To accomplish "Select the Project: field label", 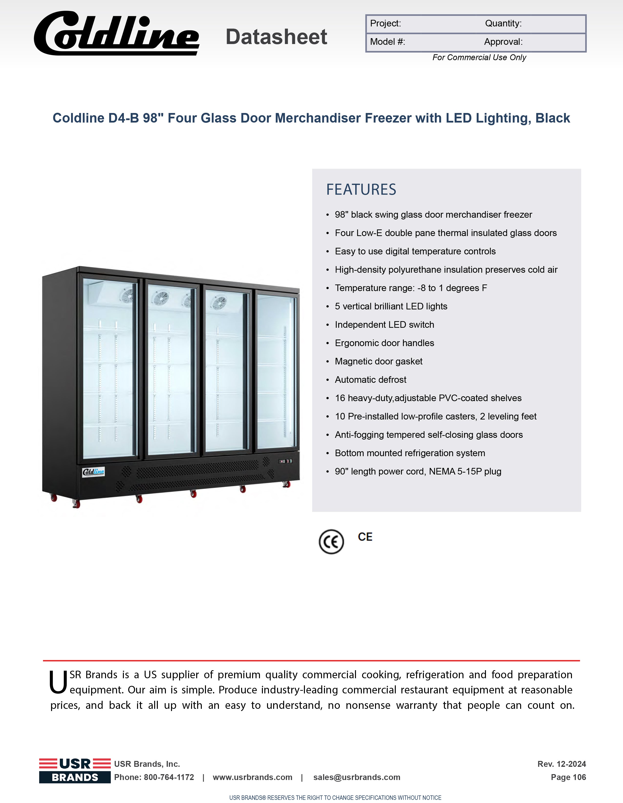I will (385, 23).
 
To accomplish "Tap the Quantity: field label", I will (503, 23).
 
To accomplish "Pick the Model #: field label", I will (387, 42).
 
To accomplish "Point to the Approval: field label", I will (503, 42).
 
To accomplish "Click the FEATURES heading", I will (361, 190).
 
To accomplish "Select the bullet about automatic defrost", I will (370, 380).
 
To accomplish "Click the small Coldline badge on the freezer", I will (93, 472).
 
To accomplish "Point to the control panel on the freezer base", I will (285, 461).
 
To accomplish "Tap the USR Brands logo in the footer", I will (75, 771).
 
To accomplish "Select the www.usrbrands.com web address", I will (252, 777).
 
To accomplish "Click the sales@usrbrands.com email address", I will (357, 777).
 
